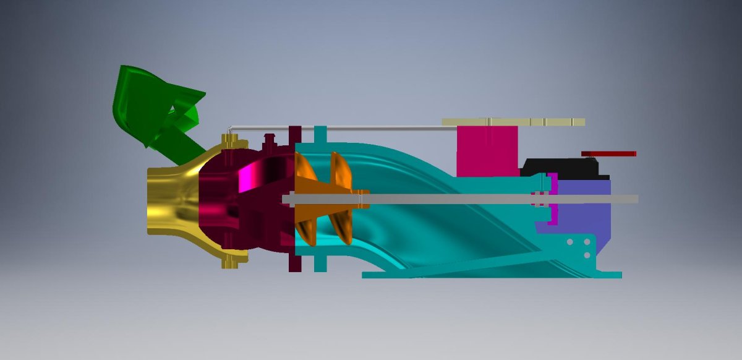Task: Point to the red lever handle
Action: click(609, 153)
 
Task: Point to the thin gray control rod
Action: click(371, 129)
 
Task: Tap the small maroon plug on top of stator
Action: click(268, 137)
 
